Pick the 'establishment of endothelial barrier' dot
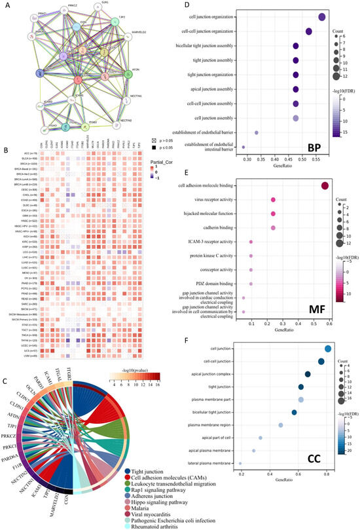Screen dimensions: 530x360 coord(257,132)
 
